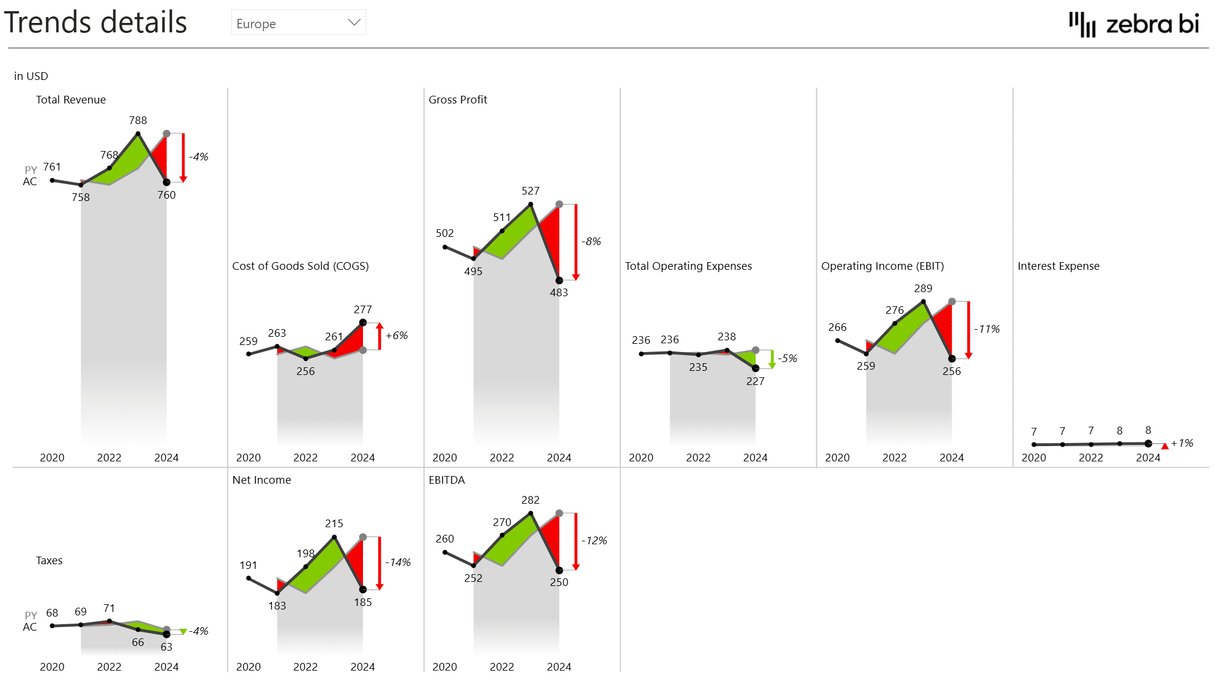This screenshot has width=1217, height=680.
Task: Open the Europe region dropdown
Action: click(298, 23)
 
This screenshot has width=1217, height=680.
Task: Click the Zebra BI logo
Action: click(1134, 24)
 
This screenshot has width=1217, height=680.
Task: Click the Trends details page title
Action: click(96, 23)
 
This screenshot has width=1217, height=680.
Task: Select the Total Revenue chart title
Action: click(70, 100)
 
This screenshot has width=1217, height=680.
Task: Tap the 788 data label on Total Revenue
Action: click(138, 120)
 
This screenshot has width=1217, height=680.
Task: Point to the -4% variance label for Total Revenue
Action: click(199, 157)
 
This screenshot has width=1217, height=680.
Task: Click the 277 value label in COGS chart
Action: click(362, 310)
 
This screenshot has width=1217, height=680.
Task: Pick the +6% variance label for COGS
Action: click(396, 336)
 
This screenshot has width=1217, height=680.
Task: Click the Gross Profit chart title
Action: click(458, 100)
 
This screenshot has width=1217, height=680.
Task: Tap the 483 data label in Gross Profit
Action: click(559, 293)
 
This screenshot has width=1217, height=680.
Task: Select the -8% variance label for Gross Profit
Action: click(591, 242)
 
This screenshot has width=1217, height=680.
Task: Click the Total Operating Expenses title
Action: click(688, 266)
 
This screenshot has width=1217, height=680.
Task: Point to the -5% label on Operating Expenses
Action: click(788, 359)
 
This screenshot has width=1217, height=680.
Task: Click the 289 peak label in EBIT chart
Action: click(923, 289)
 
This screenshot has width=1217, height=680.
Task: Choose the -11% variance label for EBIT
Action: click(987, 329)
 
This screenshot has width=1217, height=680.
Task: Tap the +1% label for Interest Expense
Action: click(1182, 443)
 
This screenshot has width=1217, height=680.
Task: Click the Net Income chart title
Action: click(261, 480)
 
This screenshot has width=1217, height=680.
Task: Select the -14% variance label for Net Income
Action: click(398, 562)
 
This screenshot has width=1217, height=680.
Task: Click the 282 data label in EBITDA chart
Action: click(530, 500)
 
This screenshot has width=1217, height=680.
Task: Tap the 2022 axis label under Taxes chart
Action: click(109, 667)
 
